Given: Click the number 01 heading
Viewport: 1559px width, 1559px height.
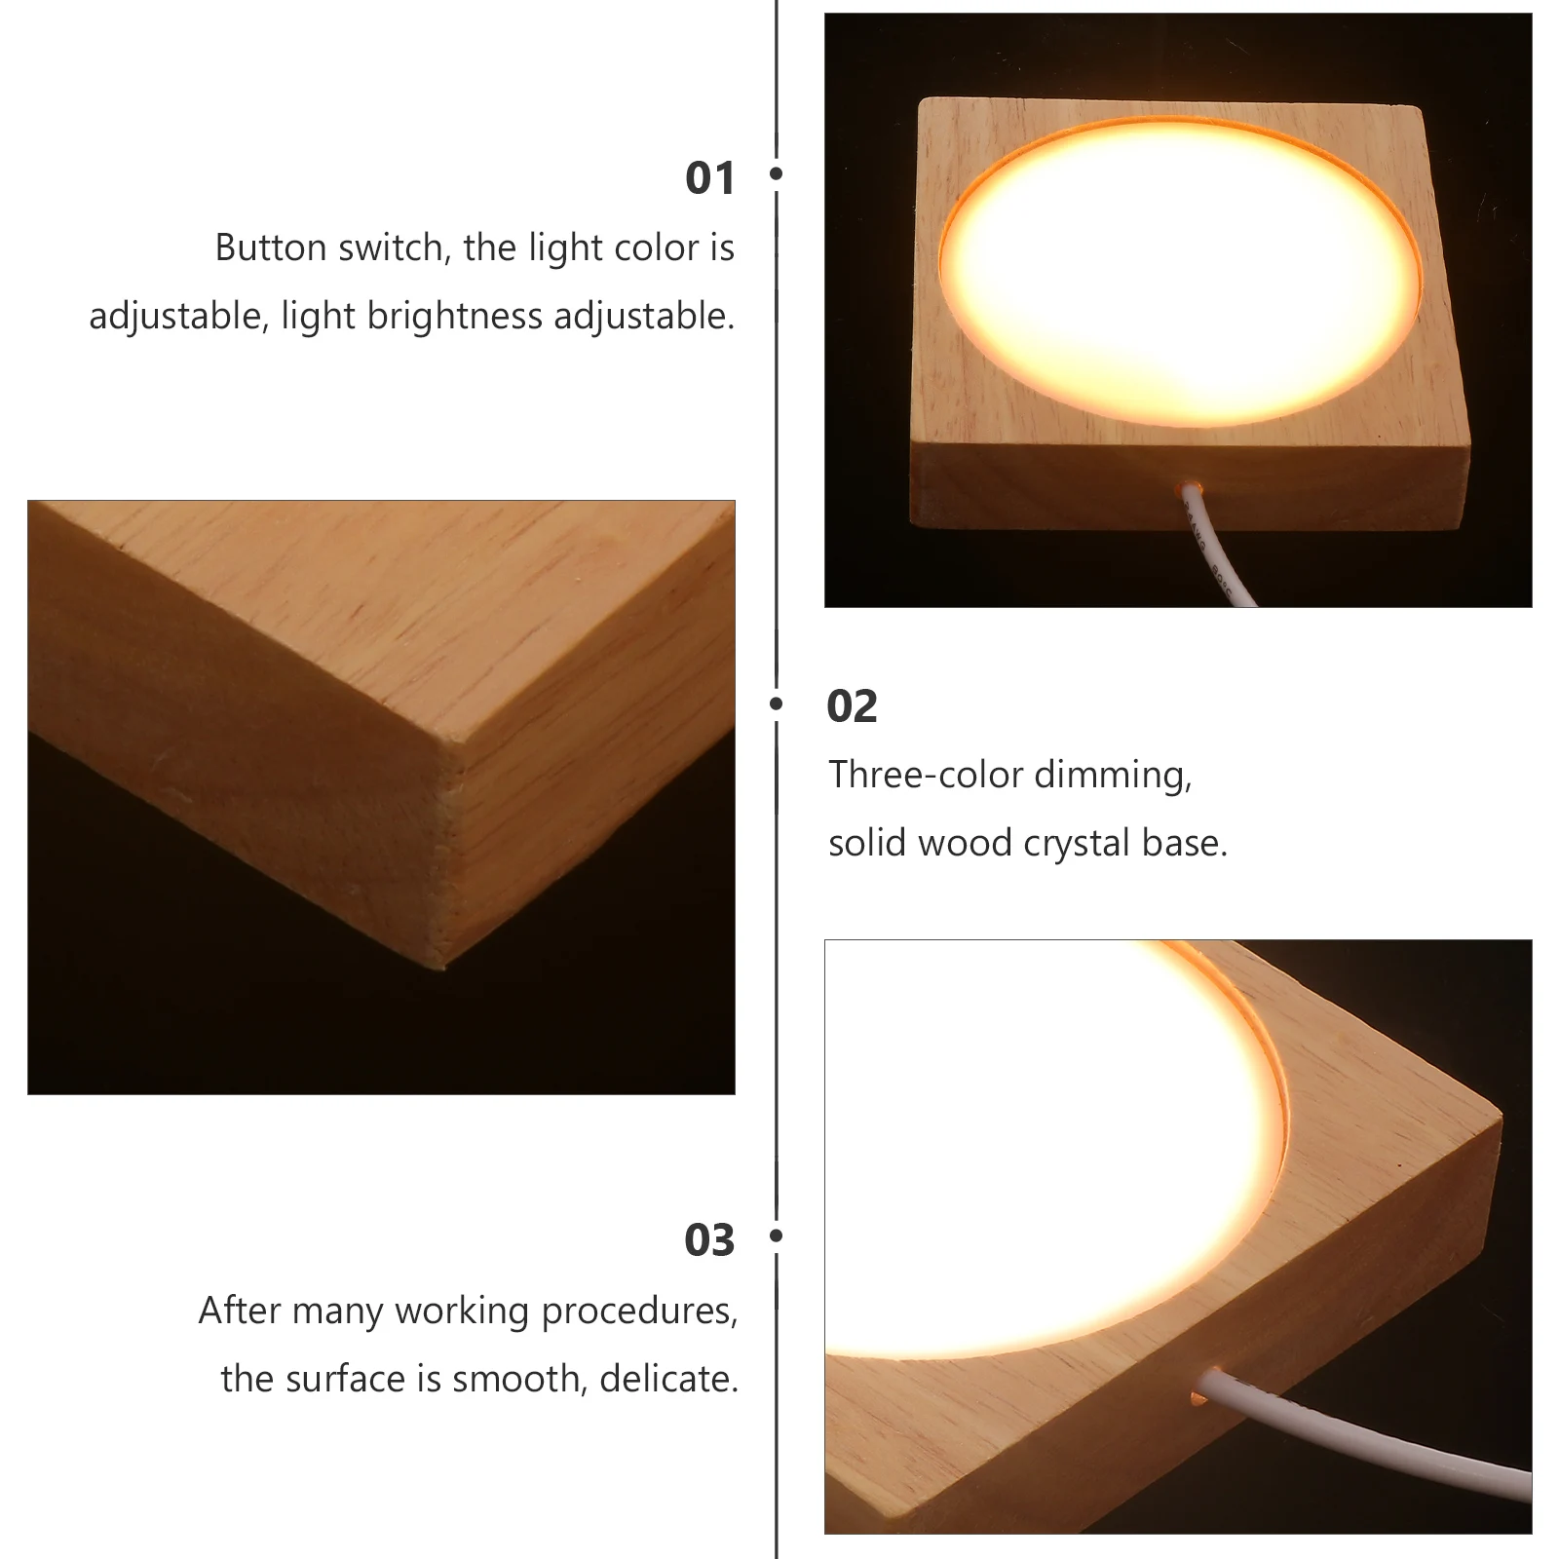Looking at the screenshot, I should (x=709, y=178).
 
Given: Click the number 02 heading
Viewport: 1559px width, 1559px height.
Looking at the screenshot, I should (x=852, y=706).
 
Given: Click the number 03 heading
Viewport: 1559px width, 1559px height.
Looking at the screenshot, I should (x=709, y=1240).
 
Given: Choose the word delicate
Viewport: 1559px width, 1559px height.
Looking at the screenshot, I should (x=668, y=1380).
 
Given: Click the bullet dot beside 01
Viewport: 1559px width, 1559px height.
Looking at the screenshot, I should (x=777, y=173).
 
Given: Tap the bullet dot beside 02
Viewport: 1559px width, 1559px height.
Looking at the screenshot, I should (x=777, y=703).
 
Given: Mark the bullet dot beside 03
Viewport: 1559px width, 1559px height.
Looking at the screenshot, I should (x=777, y=1236).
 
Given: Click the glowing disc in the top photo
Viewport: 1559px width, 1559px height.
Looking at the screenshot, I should (x=1179, y=271).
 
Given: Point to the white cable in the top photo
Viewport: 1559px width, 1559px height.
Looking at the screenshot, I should (x=1213, y=551).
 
